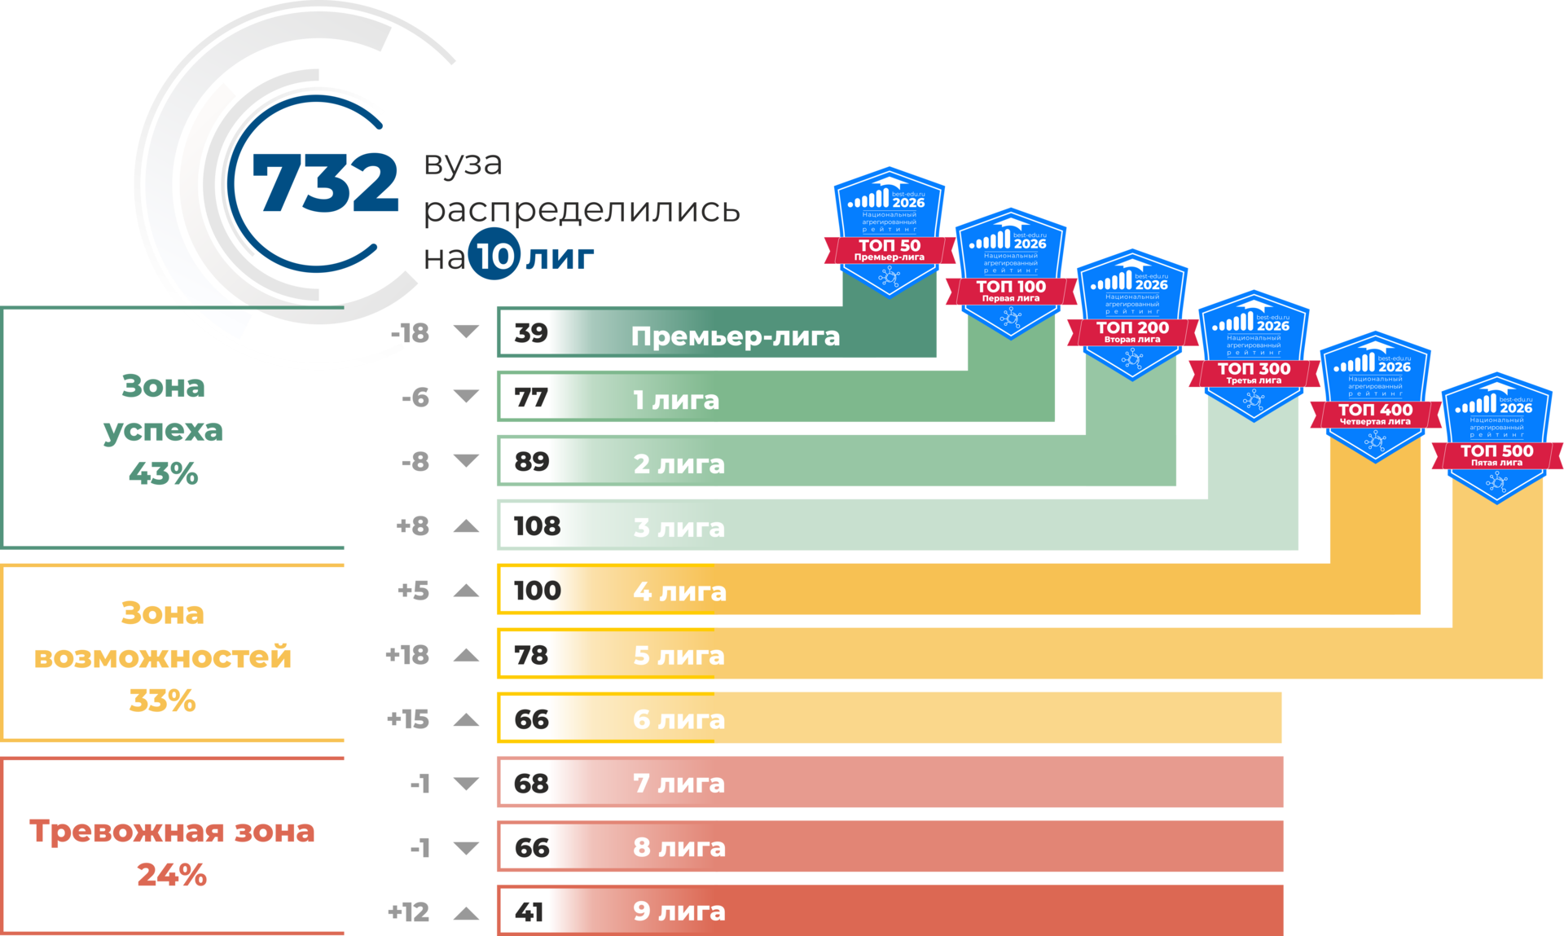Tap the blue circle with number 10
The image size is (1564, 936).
494,256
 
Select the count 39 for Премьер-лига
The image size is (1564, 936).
531,332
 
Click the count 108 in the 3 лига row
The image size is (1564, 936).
537,526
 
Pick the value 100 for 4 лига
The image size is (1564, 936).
537,591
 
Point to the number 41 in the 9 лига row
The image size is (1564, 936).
529,912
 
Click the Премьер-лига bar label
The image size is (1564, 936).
735,336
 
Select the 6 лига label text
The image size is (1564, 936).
679,719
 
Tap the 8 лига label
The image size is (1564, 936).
679,847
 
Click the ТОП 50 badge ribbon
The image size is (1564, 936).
889,249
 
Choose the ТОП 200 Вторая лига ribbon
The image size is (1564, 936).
1131,332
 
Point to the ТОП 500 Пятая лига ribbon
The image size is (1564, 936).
1496,455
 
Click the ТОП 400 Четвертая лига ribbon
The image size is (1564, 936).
1375,414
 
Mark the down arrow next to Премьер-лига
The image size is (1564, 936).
466,332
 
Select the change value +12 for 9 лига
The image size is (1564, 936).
408,912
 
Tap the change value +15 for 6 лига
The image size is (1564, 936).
408,718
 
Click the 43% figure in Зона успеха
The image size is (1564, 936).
163,473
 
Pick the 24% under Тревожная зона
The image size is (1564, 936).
172,875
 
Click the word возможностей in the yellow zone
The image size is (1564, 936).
163,657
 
